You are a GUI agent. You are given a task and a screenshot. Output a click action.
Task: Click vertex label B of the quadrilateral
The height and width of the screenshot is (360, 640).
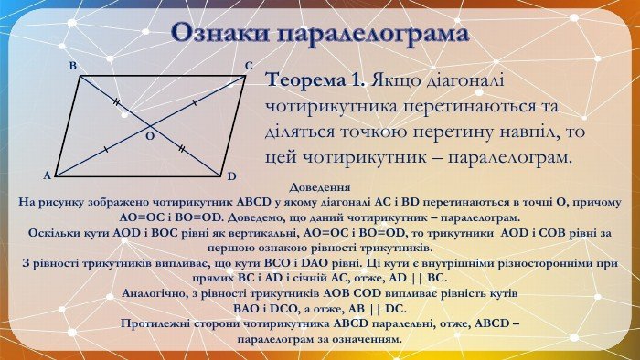71,67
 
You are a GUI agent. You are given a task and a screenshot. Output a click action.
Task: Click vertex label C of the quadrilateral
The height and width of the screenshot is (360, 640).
249,66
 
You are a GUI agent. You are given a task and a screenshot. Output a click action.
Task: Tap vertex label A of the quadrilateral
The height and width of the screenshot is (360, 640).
47,175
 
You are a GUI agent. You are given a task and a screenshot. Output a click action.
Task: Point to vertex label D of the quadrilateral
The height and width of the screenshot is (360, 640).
232,175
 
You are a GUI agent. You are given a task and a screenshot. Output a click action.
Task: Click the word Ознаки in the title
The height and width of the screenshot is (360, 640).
223,35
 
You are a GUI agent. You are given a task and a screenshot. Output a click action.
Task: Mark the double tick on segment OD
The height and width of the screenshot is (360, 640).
183,147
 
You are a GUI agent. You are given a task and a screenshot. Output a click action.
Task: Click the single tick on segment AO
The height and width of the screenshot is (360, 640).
107,148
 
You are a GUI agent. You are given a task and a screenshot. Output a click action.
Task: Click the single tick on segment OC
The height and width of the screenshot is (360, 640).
195,103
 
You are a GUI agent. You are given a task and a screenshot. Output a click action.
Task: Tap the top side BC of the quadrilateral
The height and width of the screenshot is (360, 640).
163,77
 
